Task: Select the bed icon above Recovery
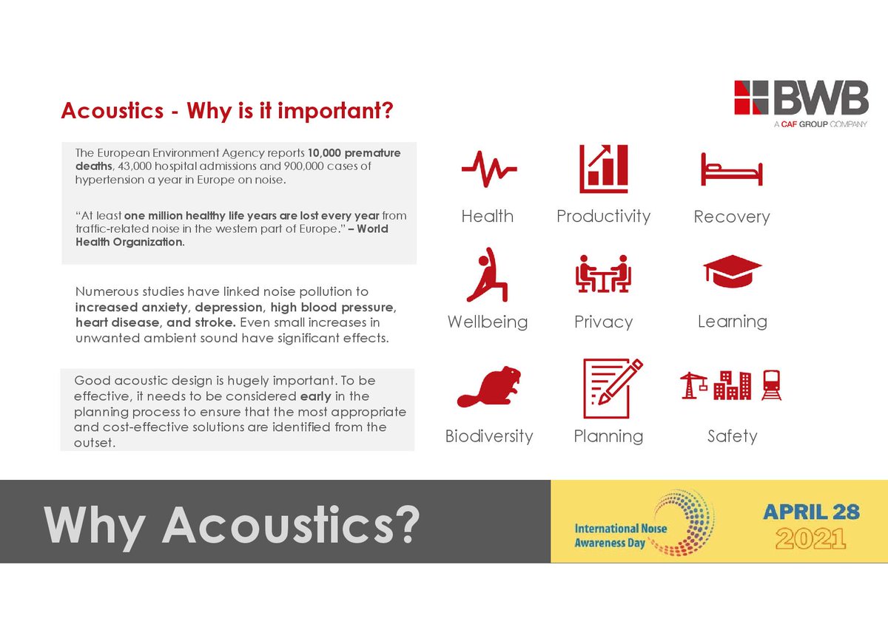(731, 169)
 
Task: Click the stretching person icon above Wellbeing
(486, 276)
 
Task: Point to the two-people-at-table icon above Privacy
(603, 275)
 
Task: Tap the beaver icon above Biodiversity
(488, 387)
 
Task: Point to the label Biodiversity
(488, 436)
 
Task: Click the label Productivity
(603, 216)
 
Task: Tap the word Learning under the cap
(732, 322)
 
